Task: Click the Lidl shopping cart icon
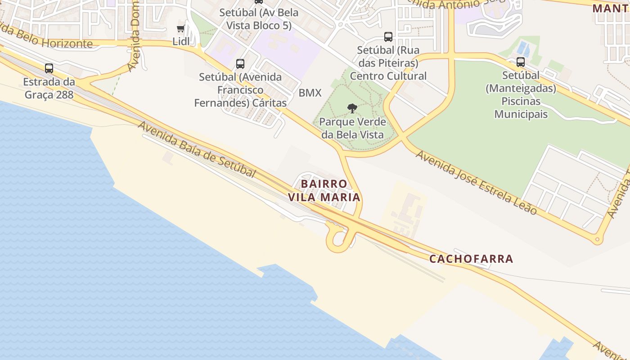pyautogui.click(x=180, y=29)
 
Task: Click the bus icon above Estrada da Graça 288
pyautogui.click(x=49, y=68)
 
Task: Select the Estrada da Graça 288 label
pyautogui.click(x=49, y=89)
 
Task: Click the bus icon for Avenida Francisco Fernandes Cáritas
pyautogui.click(x=240, y=64)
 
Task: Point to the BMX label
pyautogui.click(x=310, y=93)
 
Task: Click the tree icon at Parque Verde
pyautogui.click(x=352, y=108)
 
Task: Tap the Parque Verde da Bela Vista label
pyautogui.click(x=352, y=128)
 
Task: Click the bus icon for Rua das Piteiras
pyautogui.click(x=388, y=37)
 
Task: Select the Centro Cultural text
pyautogui.click(x=388, y=76)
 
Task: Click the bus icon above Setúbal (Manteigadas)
pyautogui.click(x=521, y=62)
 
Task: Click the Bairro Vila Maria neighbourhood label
pyautogui.click(x=324, y=190)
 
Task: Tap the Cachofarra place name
pyautogui.click(x=471, y=259)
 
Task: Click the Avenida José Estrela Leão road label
pyautogui.click(x=477, y=182)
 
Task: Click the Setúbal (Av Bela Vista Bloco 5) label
pyautogui.click(x=259, y=19)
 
